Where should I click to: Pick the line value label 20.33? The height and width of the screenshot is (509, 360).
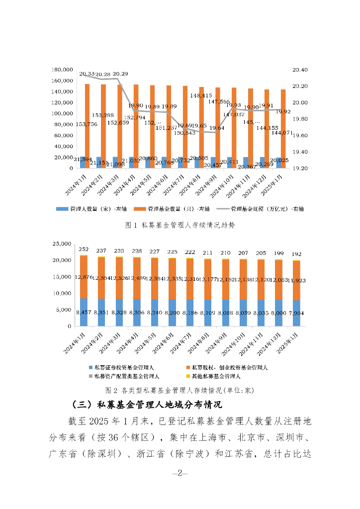point(87,74)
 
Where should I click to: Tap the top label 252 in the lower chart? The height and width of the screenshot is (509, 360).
point(84,250)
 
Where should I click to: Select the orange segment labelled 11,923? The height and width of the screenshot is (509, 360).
point(297,281)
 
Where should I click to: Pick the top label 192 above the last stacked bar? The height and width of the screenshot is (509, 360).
point(297,254)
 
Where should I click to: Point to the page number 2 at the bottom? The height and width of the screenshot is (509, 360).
point(180,473)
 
